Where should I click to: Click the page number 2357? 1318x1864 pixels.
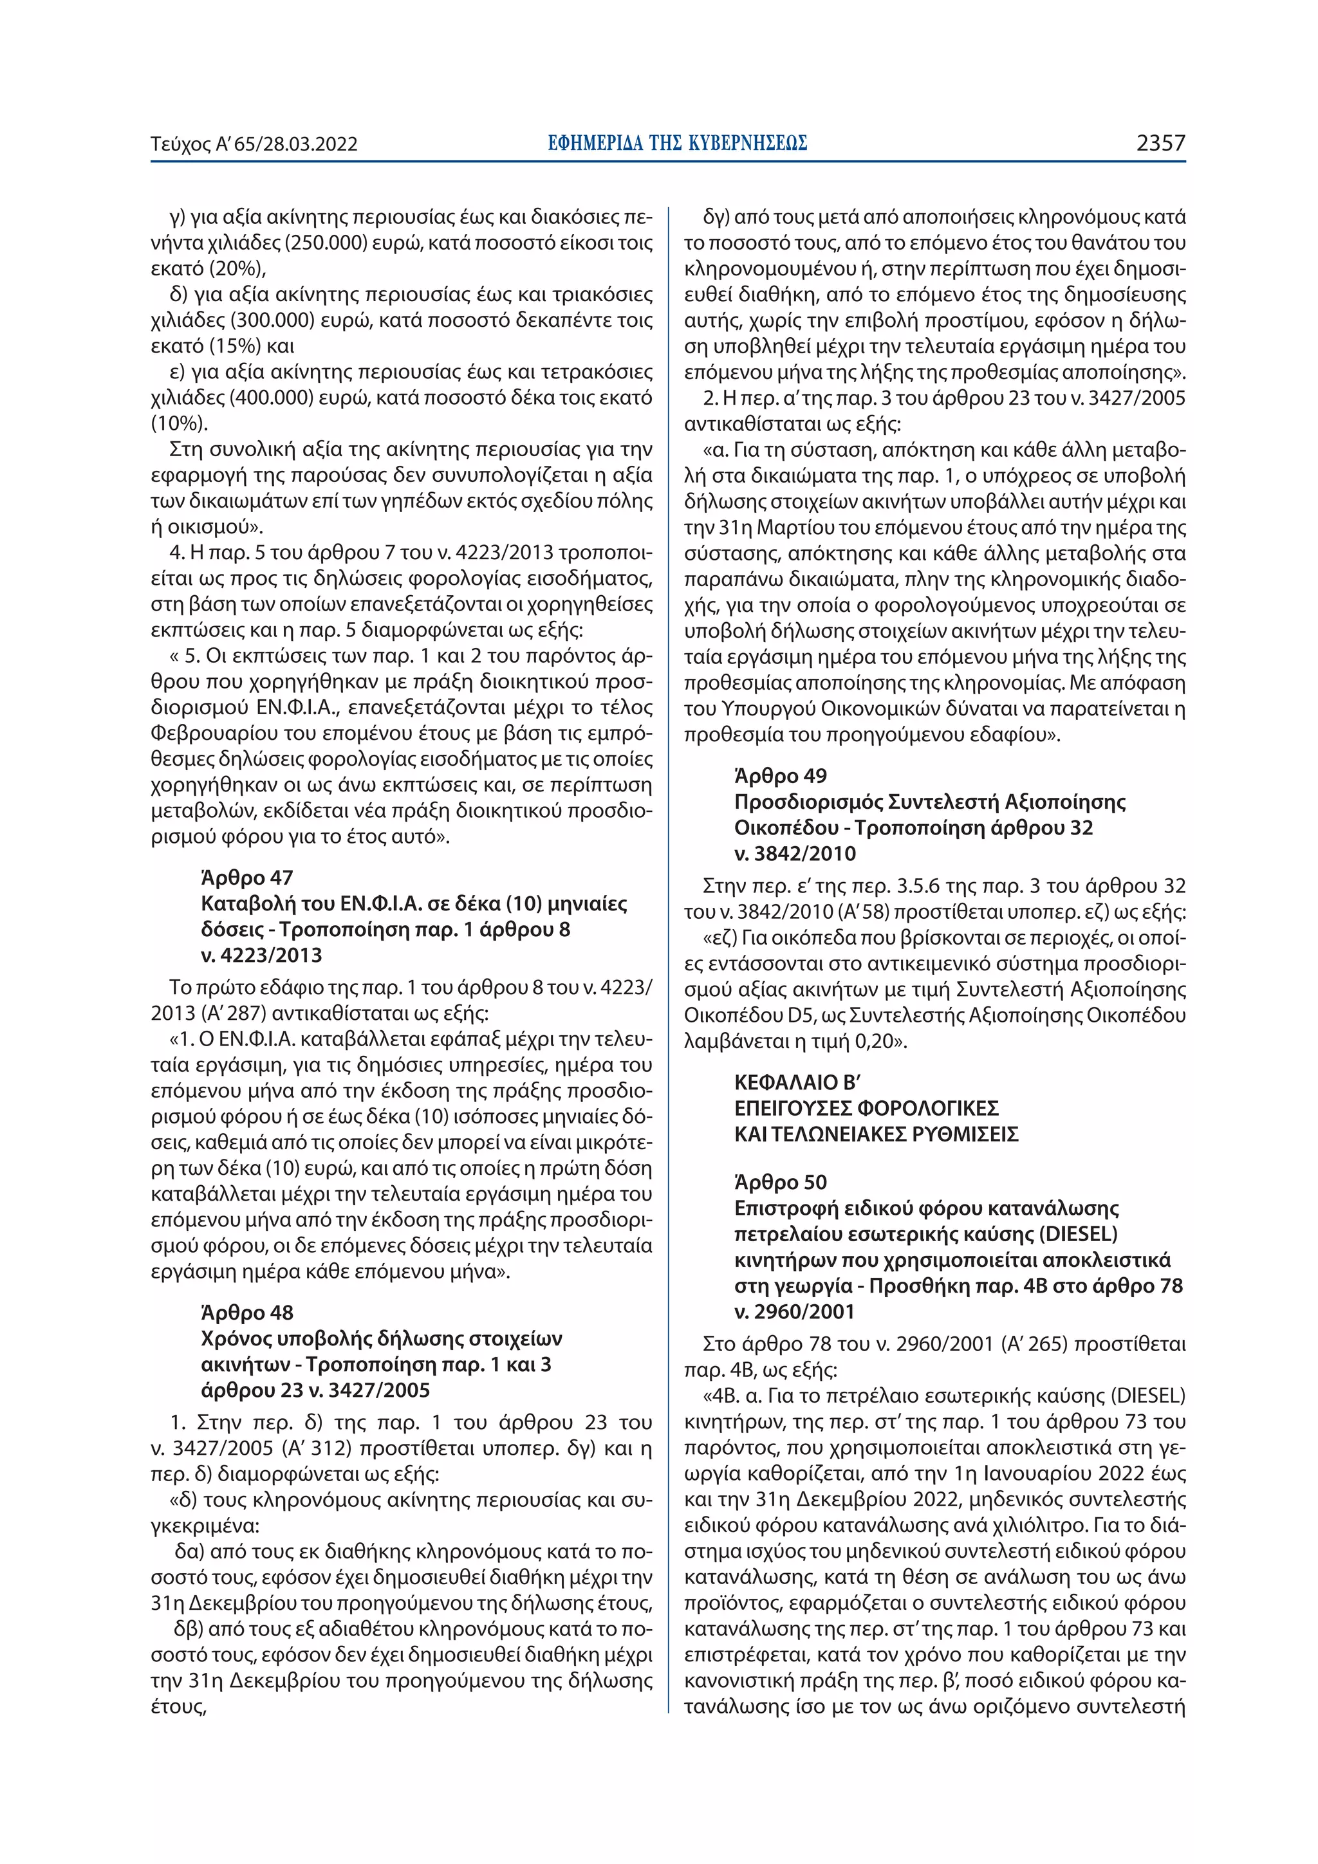[x=1160, y=143]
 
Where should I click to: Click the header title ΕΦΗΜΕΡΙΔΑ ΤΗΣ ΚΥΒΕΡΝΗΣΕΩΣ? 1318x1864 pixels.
[x=677, y=143]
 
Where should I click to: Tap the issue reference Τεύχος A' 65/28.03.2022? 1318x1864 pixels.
[x=254, y=145]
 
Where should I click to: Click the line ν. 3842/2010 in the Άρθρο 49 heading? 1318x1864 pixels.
[x=795, y=853]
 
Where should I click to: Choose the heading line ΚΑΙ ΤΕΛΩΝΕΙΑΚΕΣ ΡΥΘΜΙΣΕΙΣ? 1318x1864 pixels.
[x=877, y=1134]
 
